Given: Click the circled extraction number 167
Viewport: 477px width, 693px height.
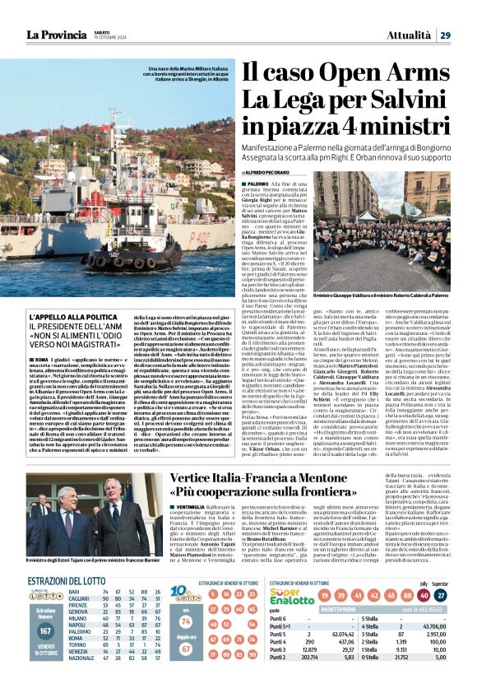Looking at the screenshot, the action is click(x=45, y=631).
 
